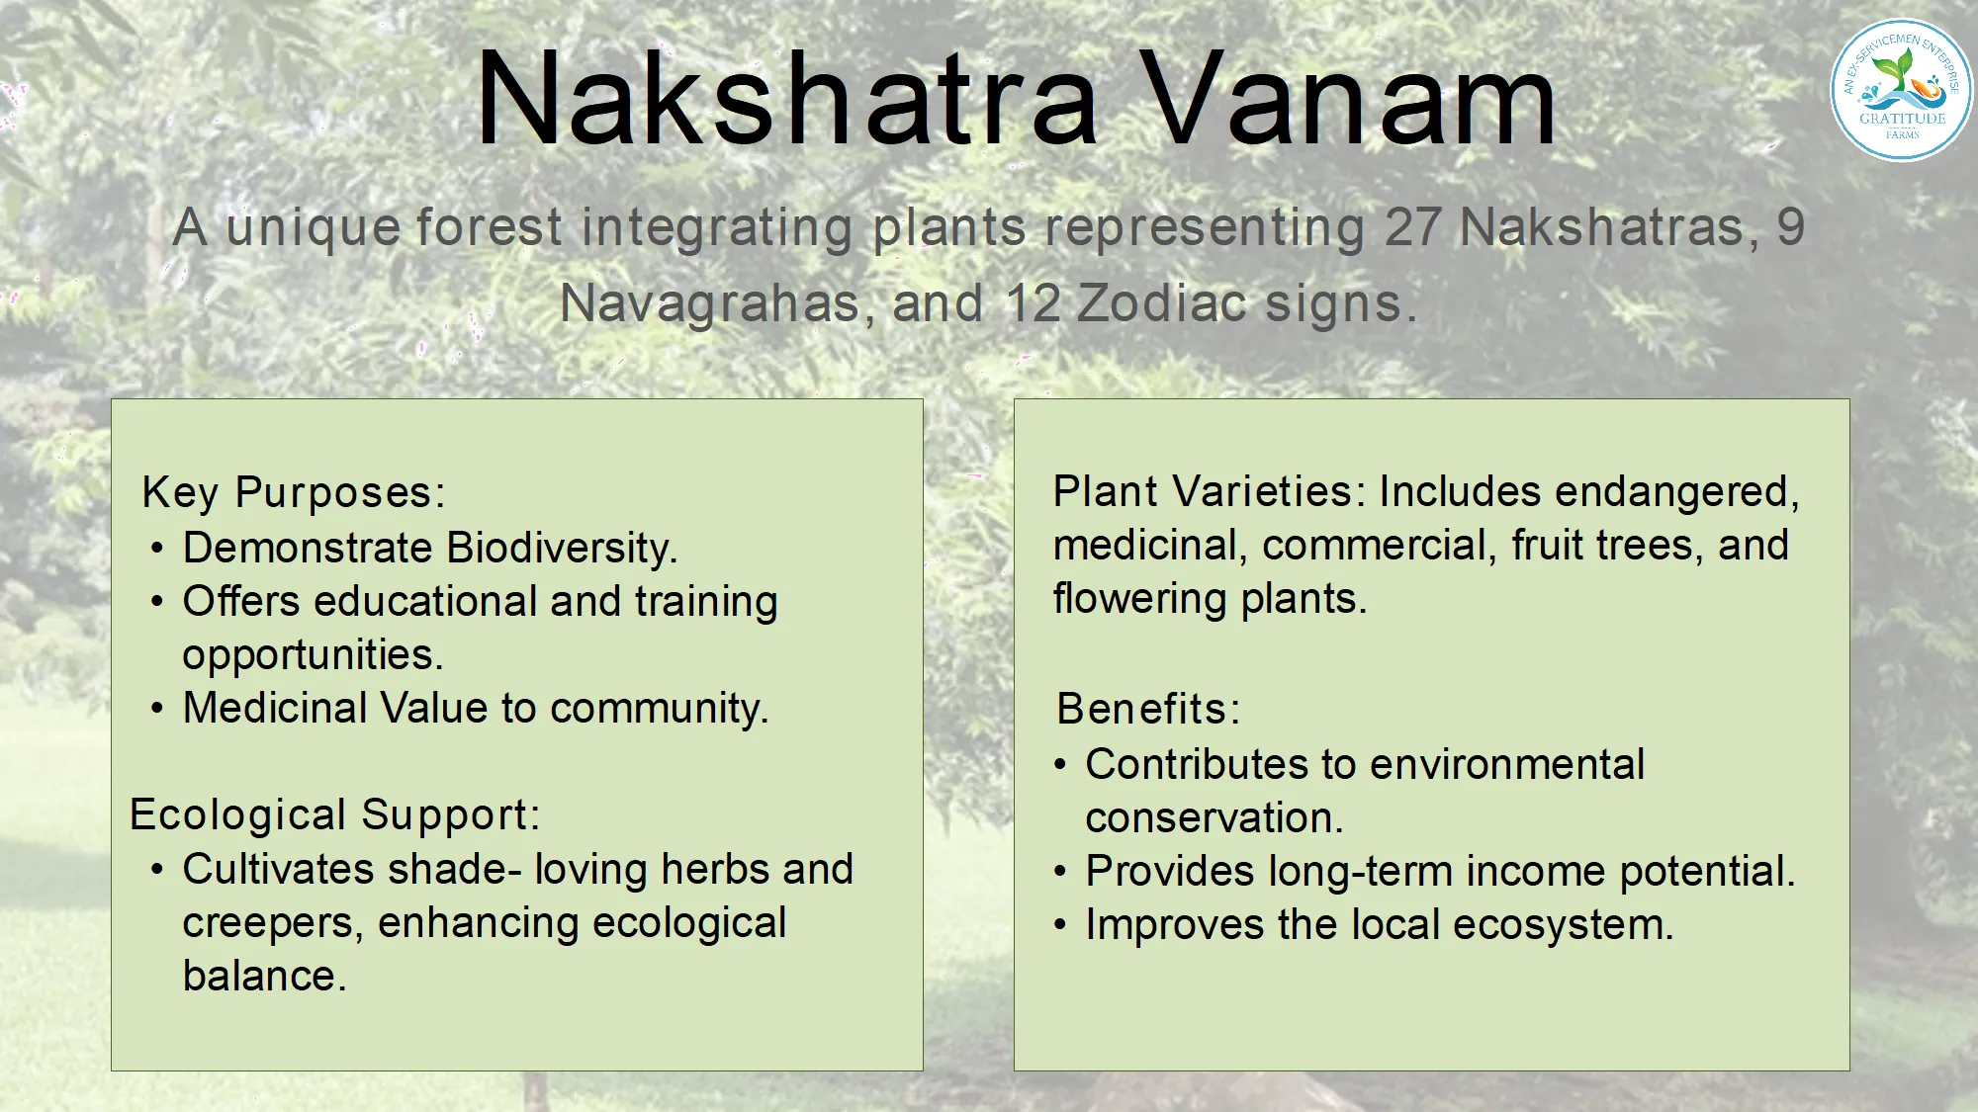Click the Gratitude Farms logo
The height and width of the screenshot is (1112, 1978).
click(1901, 90)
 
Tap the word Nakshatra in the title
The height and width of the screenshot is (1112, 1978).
click(787, 99)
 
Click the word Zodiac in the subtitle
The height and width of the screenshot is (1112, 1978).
click(1162, 302)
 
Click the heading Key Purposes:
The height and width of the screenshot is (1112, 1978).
click(294, 493)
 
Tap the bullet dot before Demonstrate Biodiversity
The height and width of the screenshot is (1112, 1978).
click(157, 548)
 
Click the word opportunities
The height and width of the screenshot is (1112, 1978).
click(313, 655)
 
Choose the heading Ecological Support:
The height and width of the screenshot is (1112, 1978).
click(335, 815)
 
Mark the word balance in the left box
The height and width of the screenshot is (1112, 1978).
click(264, 977)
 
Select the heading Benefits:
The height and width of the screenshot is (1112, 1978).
click(1148, 709)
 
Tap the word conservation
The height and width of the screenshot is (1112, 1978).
click(1214, 818)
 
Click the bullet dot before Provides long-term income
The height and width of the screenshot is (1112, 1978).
click(1060, 872)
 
